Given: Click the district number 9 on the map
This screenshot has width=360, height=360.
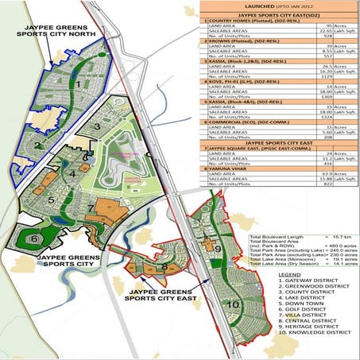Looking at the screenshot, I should click(x=217, y=249).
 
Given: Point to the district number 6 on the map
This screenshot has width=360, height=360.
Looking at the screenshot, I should click(x=32, y=238).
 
